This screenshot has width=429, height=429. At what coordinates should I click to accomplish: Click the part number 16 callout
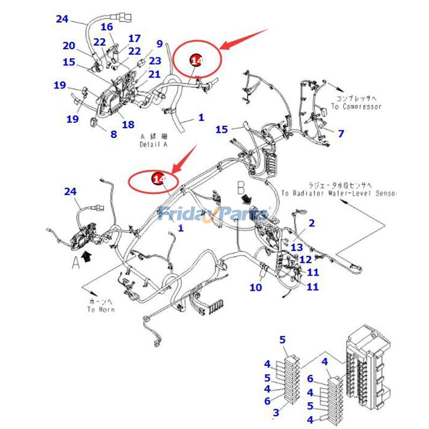tap(107, 27)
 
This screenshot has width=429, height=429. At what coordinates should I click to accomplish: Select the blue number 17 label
tap(134, 39)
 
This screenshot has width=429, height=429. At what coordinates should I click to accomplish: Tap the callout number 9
tap(159, 44)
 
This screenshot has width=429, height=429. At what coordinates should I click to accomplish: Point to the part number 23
tap(155, 61)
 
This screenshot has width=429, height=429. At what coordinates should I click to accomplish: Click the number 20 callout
tap(69, 46)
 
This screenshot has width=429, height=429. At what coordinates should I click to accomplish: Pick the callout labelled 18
tap(128, 125)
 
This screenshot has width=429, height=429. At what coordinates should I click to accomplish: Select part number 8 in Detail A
tap(113, 134)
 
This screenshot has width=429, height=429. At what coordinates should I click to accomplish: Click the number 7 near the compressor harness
tap(341, 134)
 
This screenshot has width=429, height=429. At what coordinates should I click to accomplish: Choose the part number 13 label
tap(297, 247)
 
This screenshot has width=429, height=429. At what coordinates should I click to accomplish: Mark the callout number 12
tap(306, 260)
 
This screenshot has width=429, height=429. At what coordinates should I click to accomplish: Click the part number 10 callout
tap(256, 287)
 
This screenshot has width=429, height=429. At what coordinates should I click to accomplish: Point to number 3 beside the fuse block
tap(277, 412)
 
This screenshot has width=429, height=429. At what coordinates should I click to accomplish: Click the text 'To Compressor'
tap(356, 107)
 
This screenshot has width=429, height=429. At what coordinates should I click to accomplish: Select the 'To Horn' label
tap(100, 309)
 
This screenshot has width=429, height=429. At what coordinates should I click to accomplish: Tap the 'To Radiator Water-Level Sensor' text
tap(338, 193)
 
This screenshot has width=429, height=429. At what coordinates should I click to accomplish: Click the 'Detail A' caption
tap(154, 145)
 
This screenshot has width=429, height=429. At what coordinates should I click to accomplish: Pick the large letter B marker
tap(241, 188)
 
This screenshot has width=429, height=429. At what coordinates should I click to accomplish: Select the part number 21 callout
tap(154, 75)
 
